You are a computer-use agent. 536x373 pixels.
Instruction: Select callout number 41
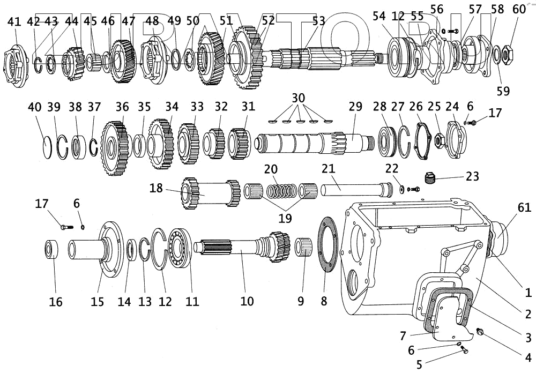point(14,21)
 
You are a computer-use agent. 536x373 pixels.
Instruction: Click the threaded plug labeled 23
point(428,178)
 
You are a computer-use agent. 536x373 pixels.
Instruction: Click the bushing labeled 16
point(51,250)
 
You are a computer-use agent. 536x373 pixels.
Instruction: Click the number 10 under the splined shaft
point(247,301)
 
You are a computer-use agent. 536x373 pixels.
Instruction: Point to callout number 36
point(123,107)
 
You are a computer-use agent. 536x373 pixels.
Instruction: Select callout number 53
point(318,21)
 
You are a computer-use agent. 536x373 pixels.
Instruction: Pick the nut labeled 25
point(437,141)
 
